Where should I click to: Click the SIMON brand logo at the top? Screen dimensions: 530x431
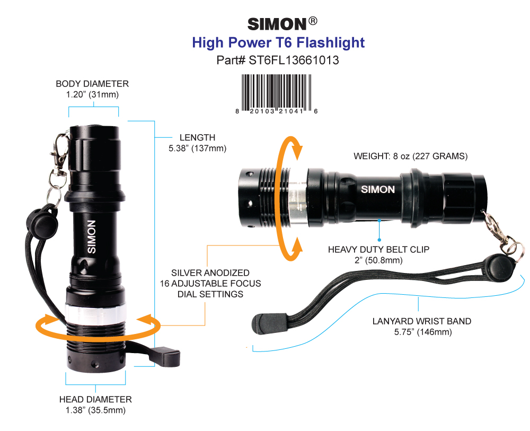pos(282,24)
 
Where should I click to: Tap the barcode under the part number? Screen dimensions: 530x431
pos(277,94)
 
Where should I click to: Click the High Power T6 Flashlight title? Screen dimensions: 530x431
pos(278,42)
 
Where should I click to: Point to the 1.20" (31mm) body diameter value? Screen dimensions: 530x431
pos(92,95)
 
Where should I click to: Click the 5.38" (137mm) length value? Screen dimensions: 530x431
pos(197,148)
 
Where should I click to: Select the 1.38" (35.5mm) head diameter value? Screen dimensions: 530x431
pos(95,410)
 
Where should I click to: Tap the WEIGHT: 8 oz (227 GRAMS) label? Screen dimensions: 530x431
pos(411,156)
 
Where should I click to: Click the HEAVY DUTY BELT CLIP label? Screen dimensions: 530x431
pos(378,250)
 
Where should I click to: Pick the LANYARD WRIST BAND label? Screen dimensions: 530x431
pos(422,321)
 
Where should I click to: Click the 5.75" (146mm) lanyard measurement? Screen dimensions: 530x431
pos(423,332)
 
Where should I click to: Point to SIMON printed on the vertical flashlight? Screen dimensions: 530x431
pos(92,236)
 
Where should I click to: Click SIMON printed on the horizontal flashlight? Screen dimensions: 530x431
pos(378,189)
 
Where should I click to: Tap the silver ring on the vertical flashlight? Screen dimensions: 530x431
pos(95,314)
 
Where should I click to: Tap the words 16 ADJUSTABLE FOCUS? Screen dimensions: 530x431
pos(210,283)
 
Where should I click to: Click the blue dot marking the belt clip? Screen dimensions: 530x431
pos(379,240)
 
